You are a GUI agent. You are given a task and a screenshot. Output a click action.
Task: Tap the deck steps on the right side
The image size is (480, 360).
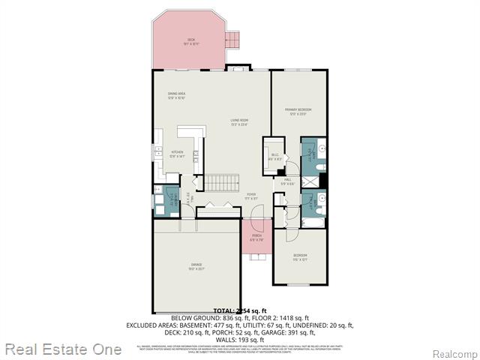(235, 40)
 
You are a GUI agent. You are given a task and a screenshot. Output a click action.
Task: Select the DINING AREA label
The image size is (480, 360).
(176, 95)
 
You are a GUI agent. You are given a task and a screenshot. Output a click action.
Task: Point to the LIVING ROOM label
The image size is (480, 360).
(239, 121)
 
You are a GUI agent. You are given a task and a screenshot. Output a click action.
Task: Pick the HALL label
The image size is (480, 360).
(289, 181)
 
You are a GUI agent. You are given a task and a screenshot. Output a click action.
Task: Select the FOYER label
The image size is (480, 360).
(251, 196)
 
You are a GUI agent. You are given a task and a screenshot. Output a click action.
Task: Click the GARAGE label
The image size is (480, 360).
(196, 267)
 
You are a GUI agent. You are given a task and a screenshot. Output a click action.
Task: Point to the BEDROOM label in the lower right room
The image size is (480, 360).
(300, 257)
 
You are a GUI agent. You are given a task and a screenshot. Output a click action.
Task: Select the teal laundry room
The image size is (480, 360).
(167, 200)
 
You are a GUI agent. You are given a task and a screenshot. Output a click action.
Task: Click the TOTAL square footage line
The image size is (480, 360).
(239, 310)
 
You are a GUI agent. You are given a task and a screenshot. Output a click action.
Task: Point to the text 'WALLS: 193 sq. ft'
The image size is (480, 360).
(239, 340)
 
